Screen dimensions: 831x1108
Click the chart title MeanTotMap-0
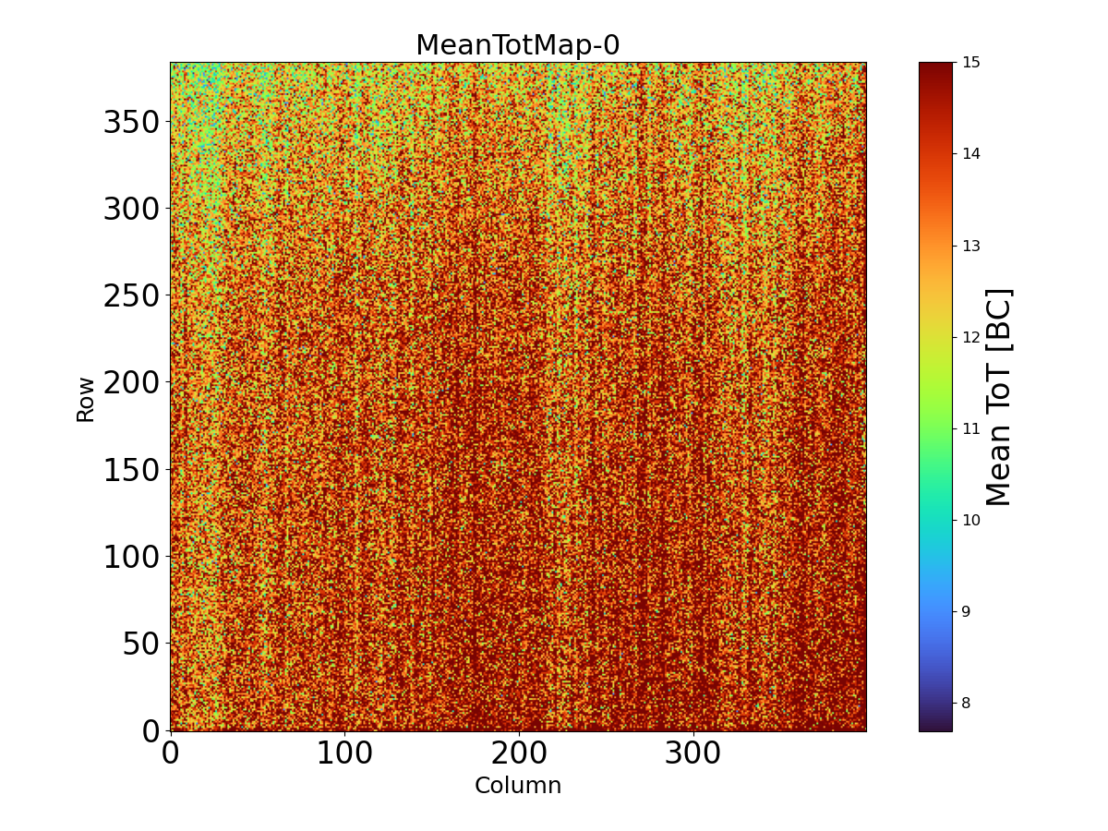(x=517, y=45)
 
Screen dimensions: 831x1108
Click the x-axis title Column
(x=517, y=786)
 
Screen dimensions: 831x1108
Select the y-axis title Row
(x=85, y=399)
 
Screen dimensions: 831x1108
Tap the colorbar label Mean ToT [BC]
(x=999, y=397)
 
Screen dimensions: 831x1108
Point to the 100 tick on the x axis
(x=344, y=753)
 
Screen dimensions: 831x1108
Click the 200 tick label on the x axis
(x=519, y=753)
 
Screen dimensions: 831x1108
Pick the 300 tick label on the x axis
(x=693, y=753)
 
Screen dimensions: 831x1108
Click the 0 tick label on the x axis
(x=170, y=753)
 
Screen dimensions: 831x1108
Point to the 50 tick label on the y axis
(x=140, y=644)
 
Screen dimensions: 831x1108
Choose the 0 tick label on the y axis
(x=151, y=730)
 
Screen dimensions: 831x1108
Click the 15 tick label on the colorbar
(x=970, y=63)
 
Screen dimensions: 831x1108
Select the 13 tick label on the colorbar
(x=970, y=246)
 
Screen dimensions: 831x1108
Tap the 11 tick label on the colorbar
(x=970, y=428)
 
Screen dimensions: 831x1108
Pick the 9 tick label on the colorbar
(x=967, y=611)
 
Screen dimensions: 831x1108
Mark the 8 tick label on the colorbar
(x=967, y=703)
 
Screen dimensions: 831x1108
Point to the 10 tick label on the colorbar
(x=970, y=520)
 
